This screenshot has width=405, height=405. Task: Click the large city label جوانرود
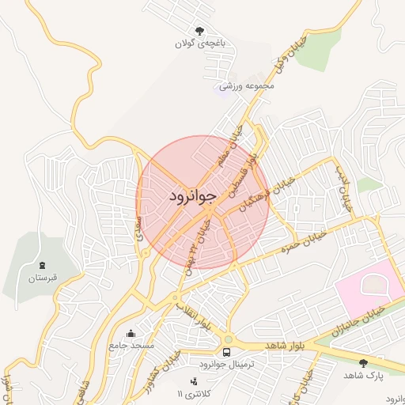pos(192,195)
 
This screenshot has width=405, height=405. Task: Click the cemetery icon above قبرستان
pos(42,264)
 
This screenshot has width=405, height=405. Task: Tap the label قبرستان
pos(44,278)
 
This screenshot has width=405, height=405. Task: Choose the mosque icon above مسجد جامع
pos(131,332)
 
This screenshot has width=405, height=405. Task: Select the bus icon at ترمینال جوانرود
pos(227,352)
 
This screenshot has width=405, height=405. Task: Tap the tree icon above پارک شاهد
pos(363,363)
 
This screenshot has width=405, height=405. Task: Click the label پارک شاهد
pos(364,377)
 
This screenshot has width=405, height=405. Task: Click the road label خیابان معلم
pos(235,143)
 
